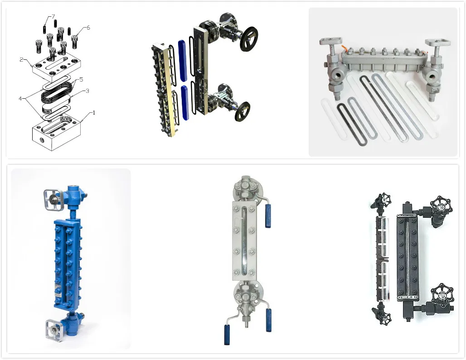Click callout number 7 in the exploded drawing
[x=53, y=16]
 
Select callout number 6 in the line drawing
[x=88, y=28]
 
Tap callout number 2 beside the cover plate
[x=21, y=60]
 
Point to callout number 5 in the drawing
[x=81, y=80]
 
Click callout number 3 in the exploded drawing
[x=87, y=91]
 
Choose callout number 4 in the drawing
[x=20, y=99]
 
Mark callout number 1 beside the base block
[x=94, y=113]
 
